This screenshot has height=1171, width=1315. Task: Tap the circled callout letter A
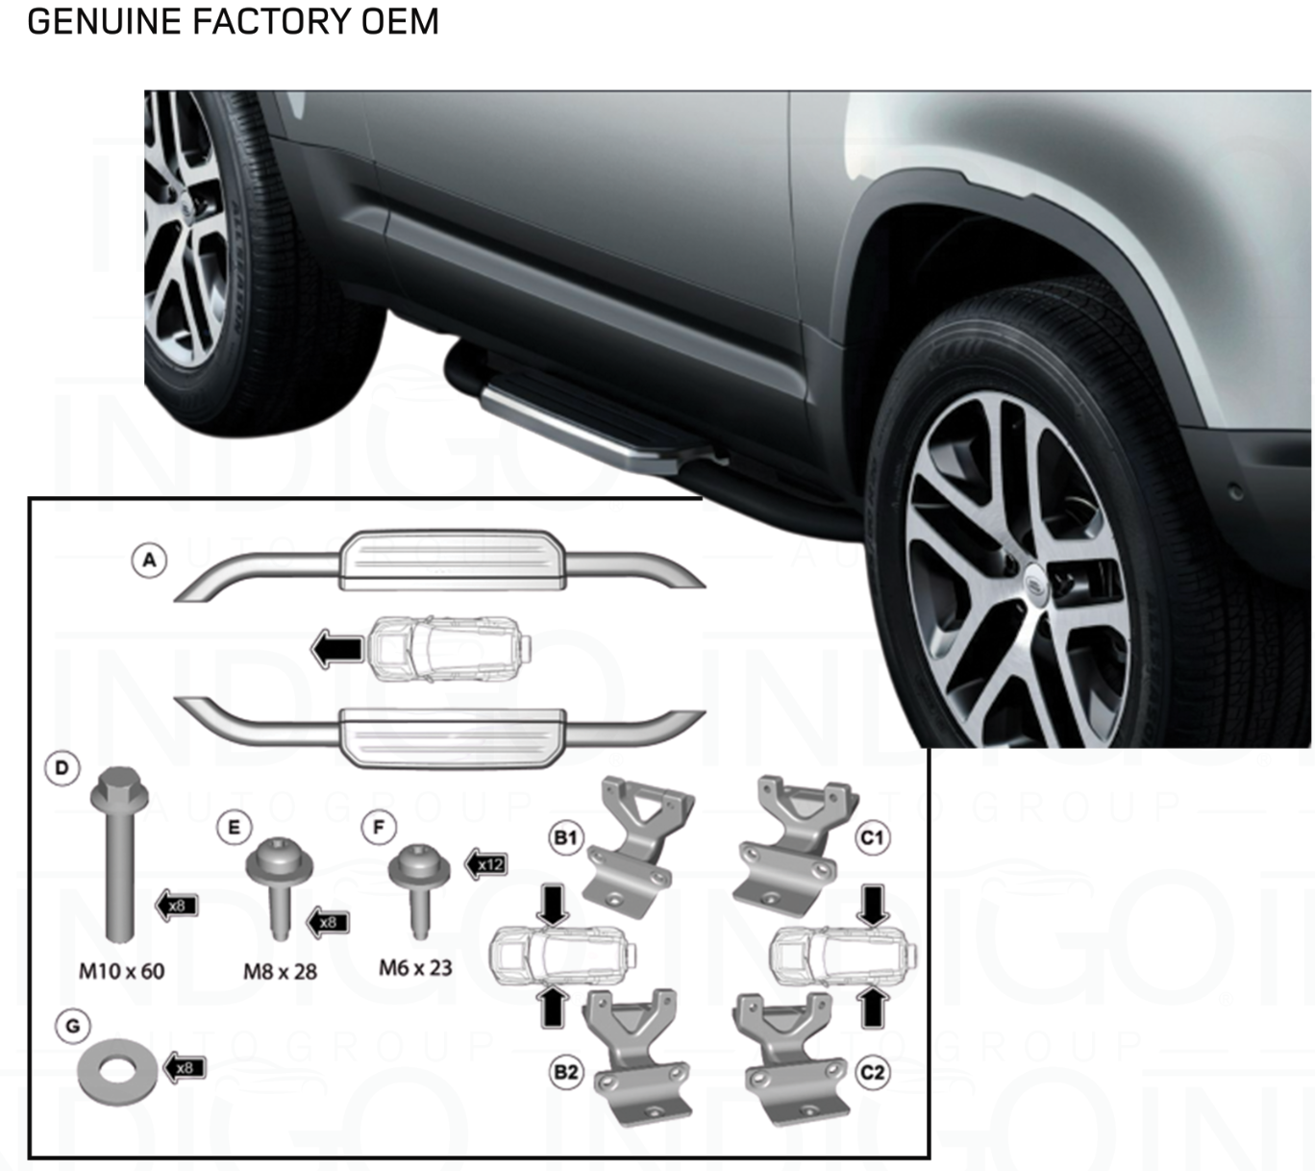149,561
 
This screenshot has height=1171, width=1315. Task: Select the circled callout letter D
62,768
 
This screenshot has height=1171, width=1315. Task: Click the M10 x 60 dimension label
121,971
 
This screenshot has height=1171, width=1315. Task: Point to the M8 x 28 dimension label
280,972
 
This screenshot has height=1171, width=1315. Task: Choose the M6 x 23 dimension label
415,968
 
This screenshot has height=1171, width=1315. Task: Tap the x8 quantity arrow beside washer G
184,1068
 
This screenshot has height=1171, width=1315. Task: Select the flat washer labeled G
118,1072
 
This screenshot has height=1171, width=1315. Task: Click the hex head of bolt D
118,788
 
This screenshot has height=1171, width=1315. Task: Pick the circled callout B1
566,837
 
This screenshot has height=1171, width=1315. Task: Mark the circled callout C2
872,1072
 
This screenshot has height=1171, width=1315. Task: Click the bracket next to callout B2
638,1058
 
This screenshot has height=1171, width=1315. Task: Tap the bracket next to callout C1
793,841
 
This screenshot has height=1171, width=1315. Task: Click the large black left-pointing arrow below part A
337,649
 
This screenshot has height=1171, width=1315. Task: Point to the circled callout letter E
234,827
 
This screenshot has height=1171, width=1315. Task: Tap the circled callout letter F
379,827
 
